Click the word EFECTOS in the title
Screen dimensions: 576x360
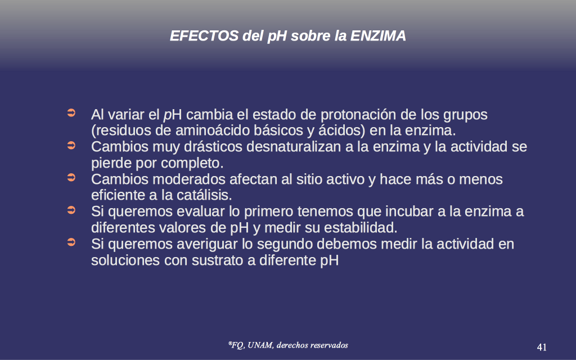point(204,36)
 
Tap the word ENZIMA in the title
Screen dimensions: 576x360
point(378,36)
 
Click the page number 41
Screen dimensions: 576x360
point(542,347)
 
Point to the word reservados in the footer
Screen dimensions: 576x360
point(329,345)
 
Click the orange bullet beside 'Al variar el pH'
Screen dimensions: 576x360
point(71,112)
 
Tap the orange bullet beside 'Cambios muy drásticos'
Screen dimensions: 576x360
point(71,146)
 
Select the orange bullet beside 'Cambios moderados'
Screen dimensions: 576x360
point(71,178)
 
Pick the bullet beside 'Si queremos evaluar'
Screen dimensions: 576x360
point(71,210)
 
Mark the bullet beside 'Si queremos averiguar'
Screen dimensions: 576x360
point(71,242)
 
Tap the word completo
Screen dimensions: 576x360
point(192,164)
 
